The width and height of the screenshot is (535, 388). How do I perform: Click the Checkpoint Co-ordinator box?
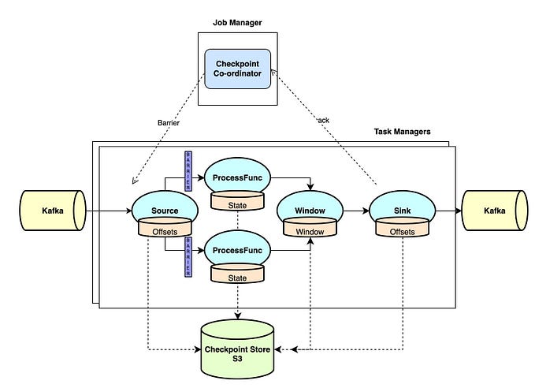[x=236, y=68]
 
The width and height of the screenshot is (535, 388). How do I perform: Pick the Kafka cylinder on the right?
[x=495, y=211]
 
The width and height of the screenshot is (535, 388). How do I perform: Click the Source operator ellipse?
[x=165, y=210]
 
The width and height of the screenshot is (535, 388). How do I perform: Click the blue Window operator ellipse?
[x=309, y=210]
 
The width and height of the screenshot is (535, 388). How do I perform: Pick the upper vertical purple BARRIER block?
[x=188, y=171]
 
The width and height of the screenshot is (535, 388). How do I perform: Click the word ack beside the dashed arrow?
[x=324, y=120]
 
